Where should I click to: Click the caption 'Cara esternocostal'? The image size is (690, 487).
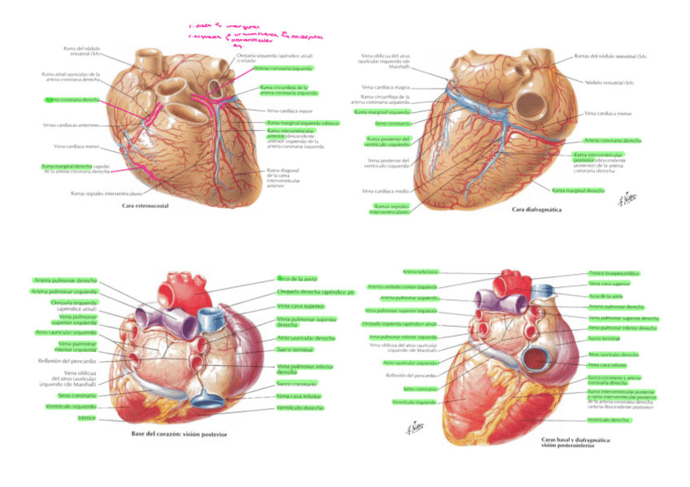(145, 207)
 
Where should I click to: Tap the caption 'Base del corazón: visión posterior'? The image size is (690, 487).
(179, 434)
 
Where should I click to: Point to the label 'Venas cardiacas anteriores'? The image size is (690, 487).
(69, 124)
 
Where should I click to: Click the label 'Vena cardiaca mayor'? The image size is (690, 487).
(288, 110)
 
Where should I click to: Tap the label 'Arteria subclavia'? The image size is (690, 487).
(420, 271)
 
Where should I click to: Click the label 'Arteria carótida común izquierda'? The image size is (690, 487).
(402, 286)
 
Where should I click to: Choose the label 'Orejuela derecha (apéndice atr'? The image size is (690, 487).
(316, 291)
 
